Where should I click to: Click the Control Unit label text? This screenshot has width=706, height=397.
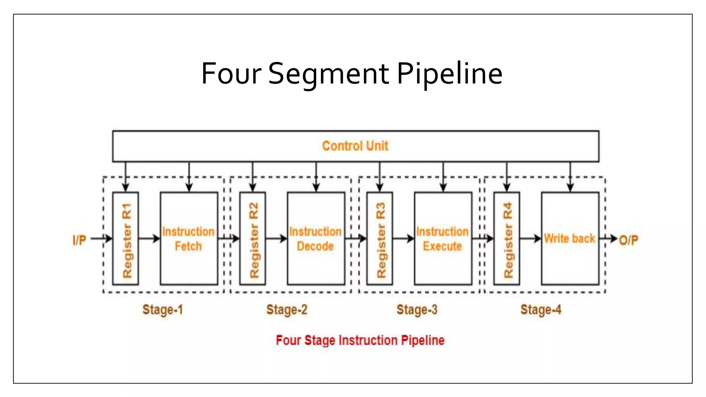355,146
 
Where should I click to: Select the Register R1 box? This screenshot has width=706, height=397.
126,238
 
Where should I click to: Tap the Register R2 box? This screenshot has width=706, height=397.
253,238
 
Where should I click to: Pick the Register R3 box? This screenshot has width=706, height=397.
380,238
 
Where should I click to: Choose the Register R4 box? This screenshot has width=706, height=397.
507,238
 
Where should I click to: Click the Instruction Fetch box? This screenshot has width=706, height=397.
189,238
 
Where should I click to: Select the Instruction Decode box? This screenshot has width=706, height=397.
316,238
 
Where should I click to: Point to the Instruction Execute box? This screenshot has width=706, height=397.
443,238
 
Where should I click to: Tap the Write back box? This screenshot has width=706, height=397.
570,238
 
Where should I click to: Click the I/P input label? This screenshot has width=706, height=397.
79,240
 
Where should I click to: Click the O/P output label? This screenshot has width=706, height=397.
628,240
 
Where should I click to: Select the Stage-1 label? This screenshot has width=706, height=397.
162,309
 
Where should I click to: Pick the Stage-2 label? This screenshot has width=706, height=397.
286,309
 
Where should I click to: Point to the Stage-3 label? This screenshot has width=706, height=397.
417,309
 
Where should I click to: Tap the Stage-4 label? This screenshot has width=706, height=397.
541,309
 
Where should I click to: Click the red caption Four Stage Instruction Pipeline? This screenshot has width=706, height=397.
360,340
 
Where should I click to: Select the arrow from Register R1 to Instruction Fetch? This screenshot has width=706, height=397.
149,238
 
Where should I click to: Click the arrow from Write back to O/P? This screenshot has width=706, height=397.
608,238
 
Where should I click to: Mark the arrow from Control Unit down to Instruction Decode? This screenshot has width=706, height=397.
316,176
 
